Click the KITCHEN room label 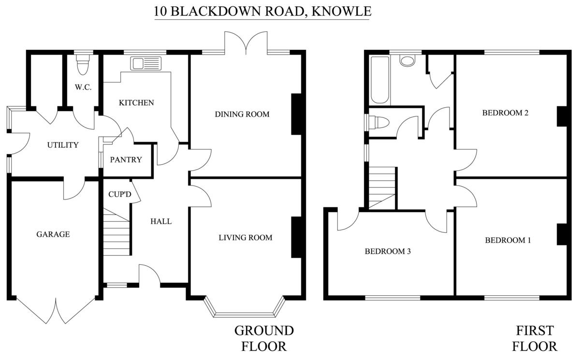coord(136,102)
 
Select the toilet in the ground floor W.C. coord(83,64)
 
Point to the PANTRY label coord(126,159)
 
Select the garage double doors coord(56,309)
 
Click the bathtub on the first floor coord(380,80)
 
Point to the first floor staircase coord(382,187)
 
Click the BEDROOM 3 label coord(388,251)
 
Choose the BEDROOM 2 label coord(505,114)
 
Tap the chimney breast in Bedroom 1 coord(561,234)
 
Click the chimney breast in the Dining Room coord(296,114)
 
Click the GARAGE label coord(53,234)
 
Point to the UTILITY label coord(63,144)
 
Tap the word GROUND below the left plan coord(264,331)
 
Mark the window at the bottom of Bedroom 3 coord(392,297)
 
